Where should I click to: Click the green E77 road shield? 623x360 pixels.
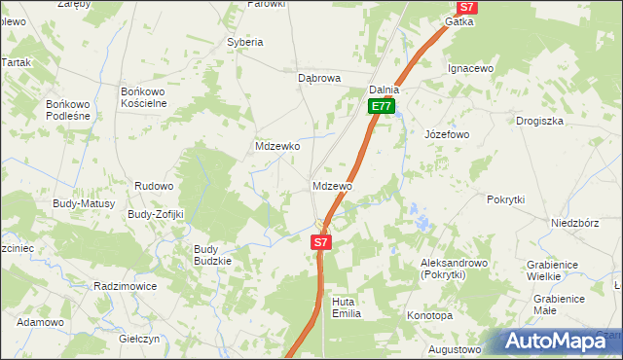click(382, 107)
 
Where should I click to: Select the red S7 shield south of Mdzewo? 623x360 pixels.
click(322, 241)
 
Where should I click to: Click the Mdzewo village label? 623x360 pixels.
click(332, 185)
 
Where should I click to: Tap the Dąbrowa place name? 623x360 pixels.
click(321, 77)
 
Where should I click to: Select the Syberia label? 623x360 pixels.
click(245, 42)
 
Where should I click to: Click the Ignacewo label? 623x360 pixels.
click(471, 69)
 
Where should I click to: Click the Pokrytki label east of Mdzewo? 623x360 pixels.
click(505, 198)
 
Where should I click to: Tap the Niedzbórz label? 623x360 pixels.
click(572, 221)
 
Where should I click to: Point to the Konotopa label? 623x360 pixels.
click(429, 316)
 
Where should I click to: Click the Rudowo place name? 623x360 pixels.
click(154, 185)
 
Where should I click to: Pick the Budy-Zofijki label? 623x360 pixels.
click(156, 214)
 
